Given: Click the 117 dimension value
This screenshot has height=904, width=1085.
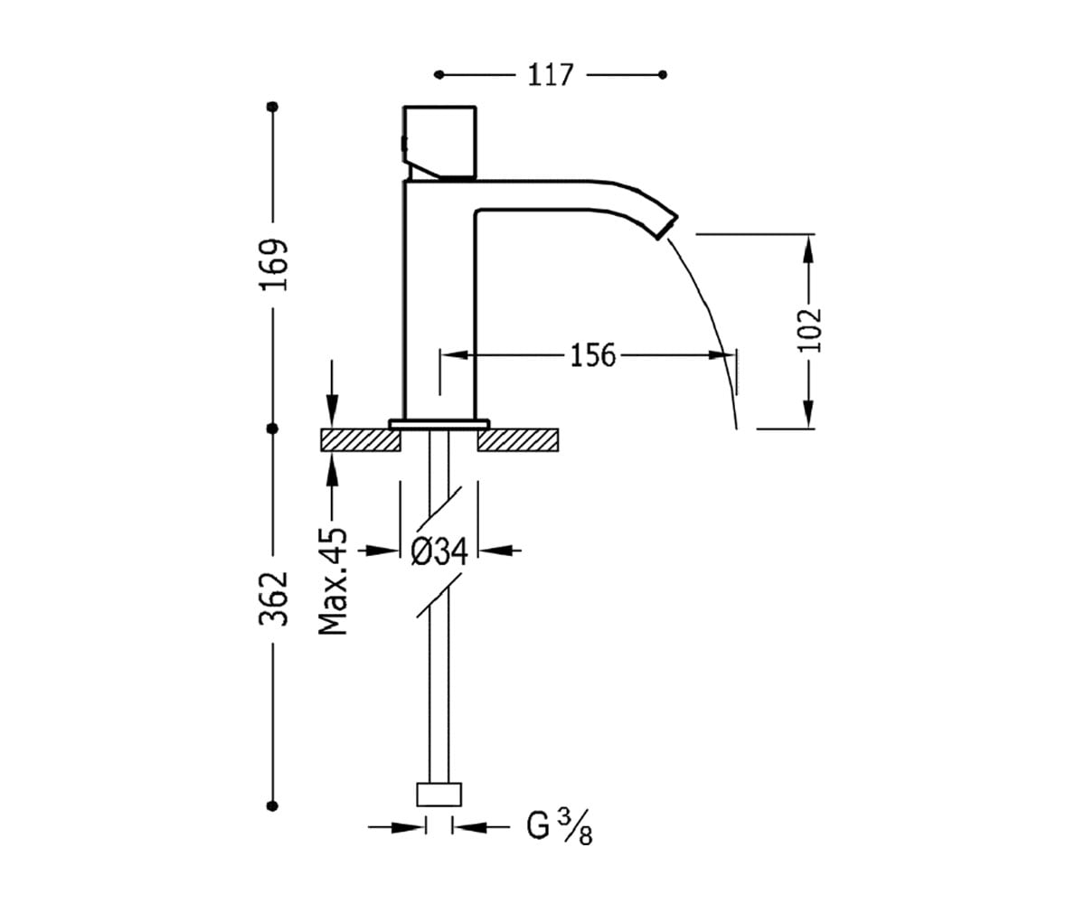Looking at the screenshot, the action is tap(551, 75).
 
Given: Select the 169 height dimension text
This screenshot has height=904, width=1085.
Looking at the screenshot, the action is tap(274, 265).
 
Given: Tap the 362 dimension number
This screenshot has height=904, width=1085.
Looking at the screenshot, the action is tap(274, 598).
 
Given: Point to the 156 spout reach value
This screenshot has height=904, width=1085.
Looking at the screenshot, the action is tap(593, 355).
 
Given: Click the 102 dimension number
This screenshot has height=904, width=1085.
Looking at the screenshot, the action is tap(809, 331).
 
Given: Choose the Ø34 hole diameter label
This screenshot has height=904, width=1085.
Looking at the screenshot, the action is tap(439, 551).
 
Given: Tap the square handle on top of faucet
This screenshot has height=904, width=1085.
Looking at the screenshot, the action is tap(439, 143).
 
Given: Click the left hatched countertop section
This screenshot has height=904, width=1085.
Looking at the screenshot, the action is tap(361, 440).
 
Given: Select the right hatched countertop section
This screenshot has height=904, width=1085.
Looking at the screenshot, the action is tap(518, 440).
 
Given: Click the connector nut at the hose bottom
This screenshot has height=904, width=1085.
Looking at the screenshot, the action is tap(439, 795).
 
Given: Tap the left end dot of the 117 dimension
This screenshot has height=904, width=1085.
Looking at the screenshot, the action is tap(439, 75).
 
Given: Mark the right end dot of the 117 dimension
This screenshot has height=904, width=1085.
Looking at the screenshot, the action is tap(662, 75).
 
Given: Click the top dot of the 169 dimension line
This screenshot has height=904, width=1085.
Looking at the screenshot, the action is tap(272, 107).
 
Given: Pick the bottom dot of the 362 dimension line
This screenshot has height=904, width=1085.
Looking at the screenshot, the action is tap(272, 806).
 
